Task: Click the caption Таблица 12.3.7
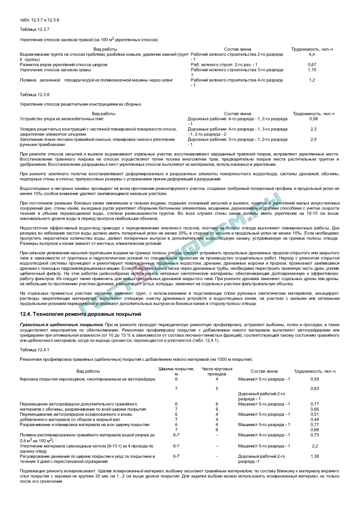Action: coord(34,29)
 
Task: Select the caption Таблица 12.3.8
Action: coord(34,94)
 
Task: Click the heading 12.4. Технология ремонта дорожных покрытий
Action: coord(80,314)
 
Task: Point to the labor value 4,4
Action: coord(312,54)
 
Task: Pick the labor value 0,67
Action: coord(312,65)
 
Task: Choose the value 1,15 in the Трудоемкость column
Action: coord(312,70)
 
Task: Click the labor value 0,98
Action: coord(313,119)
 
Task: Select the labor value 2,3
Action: coord(313,129)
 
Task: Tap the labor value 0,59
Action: coord(315,379)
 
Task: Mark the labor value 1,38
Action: coord(315,456)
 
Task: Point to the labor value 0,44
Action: coord(315,419)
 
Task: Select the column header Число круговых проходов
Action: coord(217,371)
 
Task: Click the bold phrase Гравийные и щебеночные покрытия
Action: coord(62,325)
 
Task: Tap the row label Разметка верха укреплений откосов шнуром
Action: coord(63,65)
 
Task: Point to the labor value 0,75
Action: coord(315,435)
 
